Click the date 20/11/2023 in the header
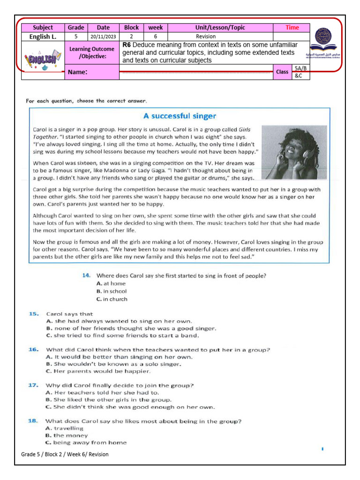[103, 36]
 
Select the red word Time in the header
[292, 28]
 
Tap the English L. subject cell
[43, 36]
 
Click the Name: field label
[78, 72]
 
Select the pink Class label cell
[282, 72]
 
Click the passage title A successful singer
[180, 116]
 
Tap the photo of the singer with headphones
[294, 153]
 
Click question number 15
[34, 314]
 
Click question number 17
[34, 385]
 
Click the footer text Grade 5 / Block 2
[65, 454]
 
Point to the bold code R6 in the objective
[126, 45]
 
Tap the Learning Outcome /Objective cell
[92, 52]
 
